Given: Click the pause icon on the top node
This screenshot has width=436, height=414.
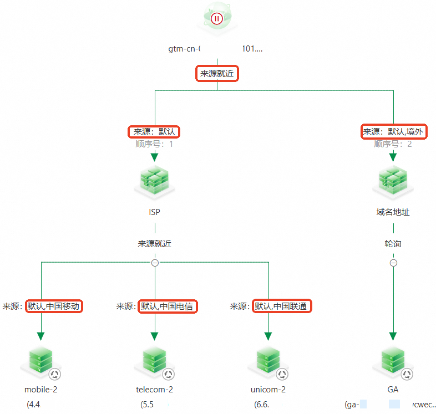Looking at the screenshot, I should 217,18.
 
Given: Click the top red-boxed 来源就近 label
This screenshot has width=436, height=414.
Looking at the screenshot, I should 217,74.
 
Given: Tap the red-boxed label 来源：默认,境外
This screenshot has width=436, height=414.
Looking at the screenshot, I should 394,132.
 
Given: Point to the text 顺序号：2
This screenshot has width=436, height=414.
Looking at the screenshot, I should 393,144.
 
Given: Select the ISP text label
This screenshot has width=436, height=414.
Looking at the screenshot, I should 155,212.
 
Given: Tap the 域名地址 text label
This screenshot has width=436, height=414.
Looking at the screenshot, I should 393,212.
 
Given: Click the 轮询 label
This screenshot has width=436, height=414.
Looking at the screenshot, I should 393,243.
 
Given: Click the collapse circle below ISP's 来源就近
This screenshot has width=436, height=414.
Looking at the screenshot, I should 155,263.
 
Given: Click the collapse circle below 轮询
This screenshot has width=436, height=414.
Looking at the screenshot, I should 393,263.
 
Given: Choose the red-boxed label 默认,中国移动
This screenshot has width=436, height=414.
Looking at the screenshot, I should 54,306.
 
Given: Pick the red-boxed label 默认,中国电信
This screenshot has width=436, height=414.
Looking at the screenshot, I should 168,306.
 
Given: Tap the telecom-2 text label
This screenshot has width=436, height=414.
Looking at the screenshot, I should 154,389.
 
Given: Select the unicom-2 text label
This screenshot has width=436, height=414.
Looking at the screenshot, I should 268,389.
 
